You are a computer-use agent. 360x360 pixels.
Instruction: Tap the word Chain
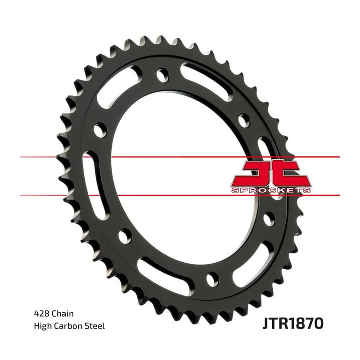pos(63,314)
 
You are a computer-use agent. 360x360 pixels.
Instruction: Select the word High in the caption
pos(42,326)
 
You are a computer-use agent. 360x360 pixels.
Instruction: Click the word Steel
pos(95,326)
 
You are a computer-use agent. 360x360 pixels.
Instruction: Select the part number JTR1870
pos(293,323)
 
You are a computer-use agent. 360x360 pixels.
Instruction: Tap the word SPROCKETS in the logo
pos(271,190)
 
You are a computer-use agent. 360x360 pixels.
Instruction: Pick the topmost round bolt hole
pos(162,74)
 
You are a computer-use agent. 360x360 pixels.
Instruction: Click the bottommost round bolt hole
pos(212,279)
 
